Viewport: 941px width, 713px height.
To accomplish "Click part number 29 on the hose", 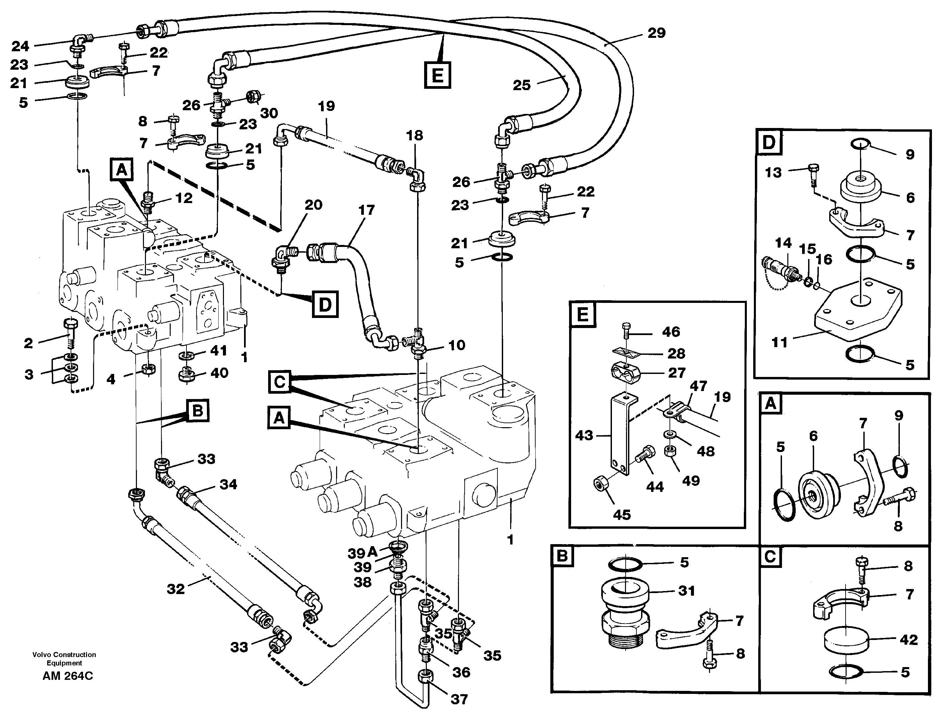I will [x=656, y=33].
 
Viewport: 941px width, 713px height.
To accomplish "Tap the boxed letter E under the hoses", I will [x=437, y=75].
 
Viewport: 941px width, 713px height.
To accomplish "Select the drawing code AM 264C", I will [x=68, y=676].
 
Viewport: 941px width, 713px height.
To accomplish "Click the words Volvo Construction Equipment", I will [x=64, y=658].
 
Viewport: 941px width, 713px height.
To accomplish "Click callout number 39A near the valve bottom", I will [x=363, y=553].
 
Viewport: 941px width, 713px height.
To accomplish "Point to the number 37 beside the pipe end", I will [x=459, y=699].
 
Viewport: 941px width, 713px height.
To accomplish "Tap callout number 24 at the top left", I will [x=20, y=46].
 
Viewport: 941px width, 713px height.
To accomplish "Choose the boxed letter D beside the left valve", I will [x=325, y=304].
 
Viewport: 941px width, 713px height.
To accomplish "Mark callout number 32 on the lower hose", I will [x=176, y=589].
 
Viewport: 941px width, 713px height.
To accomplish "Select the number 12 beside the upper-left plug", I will [x=184, y=198].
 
